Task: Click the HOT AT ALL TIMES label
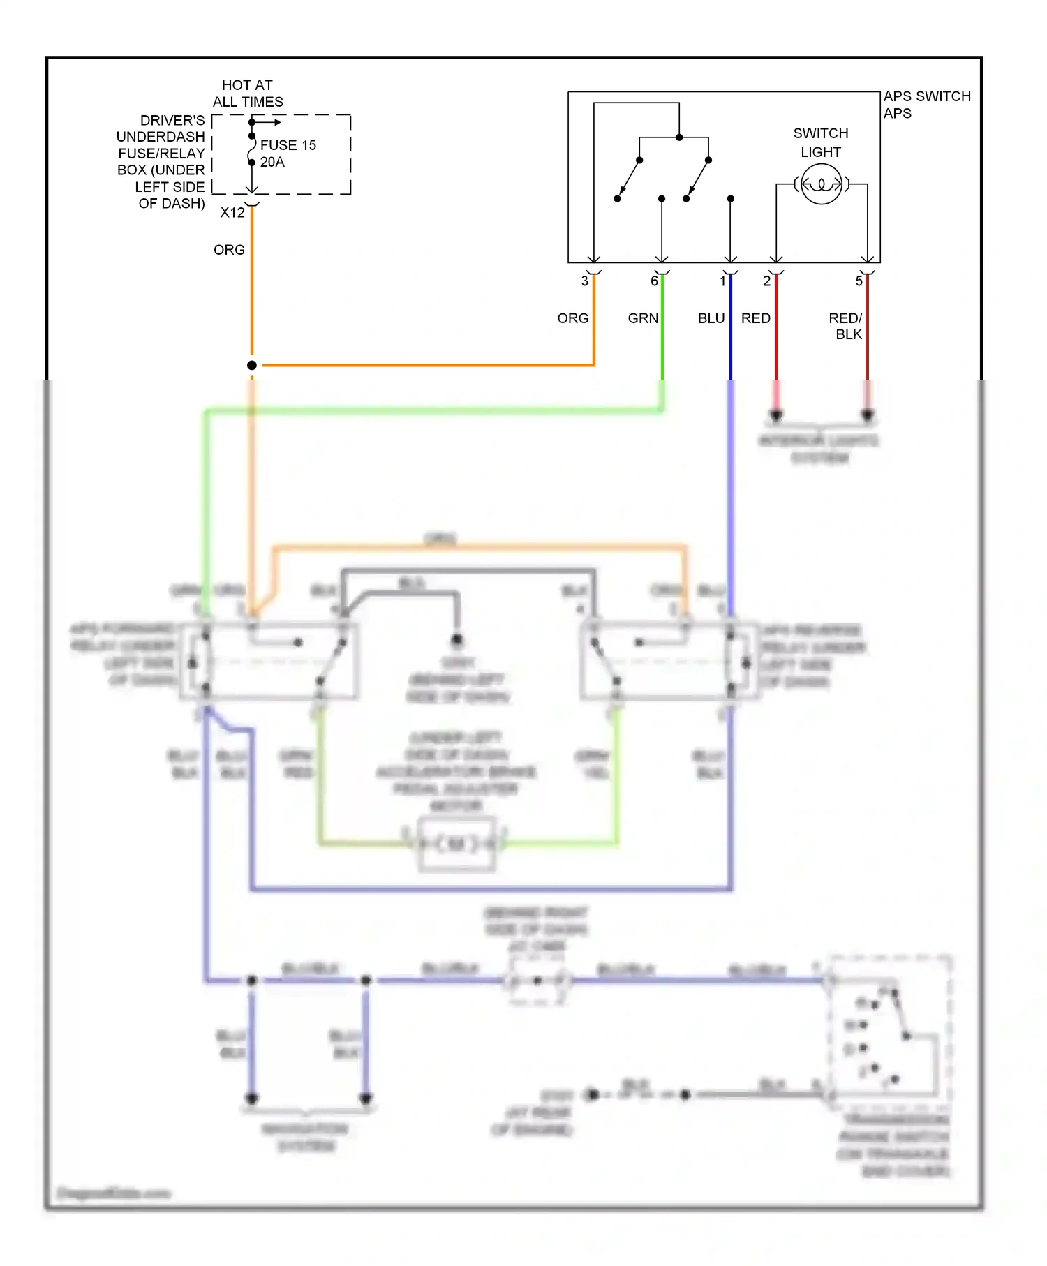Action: pyautogui.click(x=248, y=94)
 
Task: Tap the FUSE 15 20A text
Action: pyautogui.click(x=288, y=154)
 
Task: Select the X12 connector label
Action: pyautogui.click(x=232, y=213)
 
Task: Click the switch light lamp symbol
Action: pyautogui.click(x=821, y=184)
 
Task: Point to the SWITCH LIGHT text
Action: pyautogui.click(x=821, y=142)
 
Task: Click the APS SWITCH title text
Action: pyautogui.click(x=926, y=96)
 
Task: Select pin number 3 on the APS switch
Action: pyautogui.click(x=584, y=281)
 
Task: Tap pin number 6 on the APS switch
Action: pyautogui.click(x=654, y=281)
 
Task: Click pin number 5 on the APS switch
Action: pyautogui.click(x=859, y=281)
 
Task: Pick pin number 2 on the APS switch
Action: pyautogui.click(x=766, y=281)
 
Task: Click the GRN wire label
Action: pyautogui.click(x=643, y=318)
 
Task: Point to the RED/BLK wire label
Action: pyautogui.click(x=847, y=326)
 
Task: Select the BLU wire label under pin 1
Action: pyautogui.click(x=711, y=318)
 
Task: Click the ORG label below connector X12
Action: pyautogui.click(x=229, y=250)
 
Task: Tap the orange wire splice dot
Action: pyautogui.click(x=252, y=365)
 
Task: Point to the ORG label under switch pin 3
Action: pyautogui.click(x=572, y=318)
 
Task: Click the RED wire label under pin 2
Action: pyautogui.click(x=755, y=318)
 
